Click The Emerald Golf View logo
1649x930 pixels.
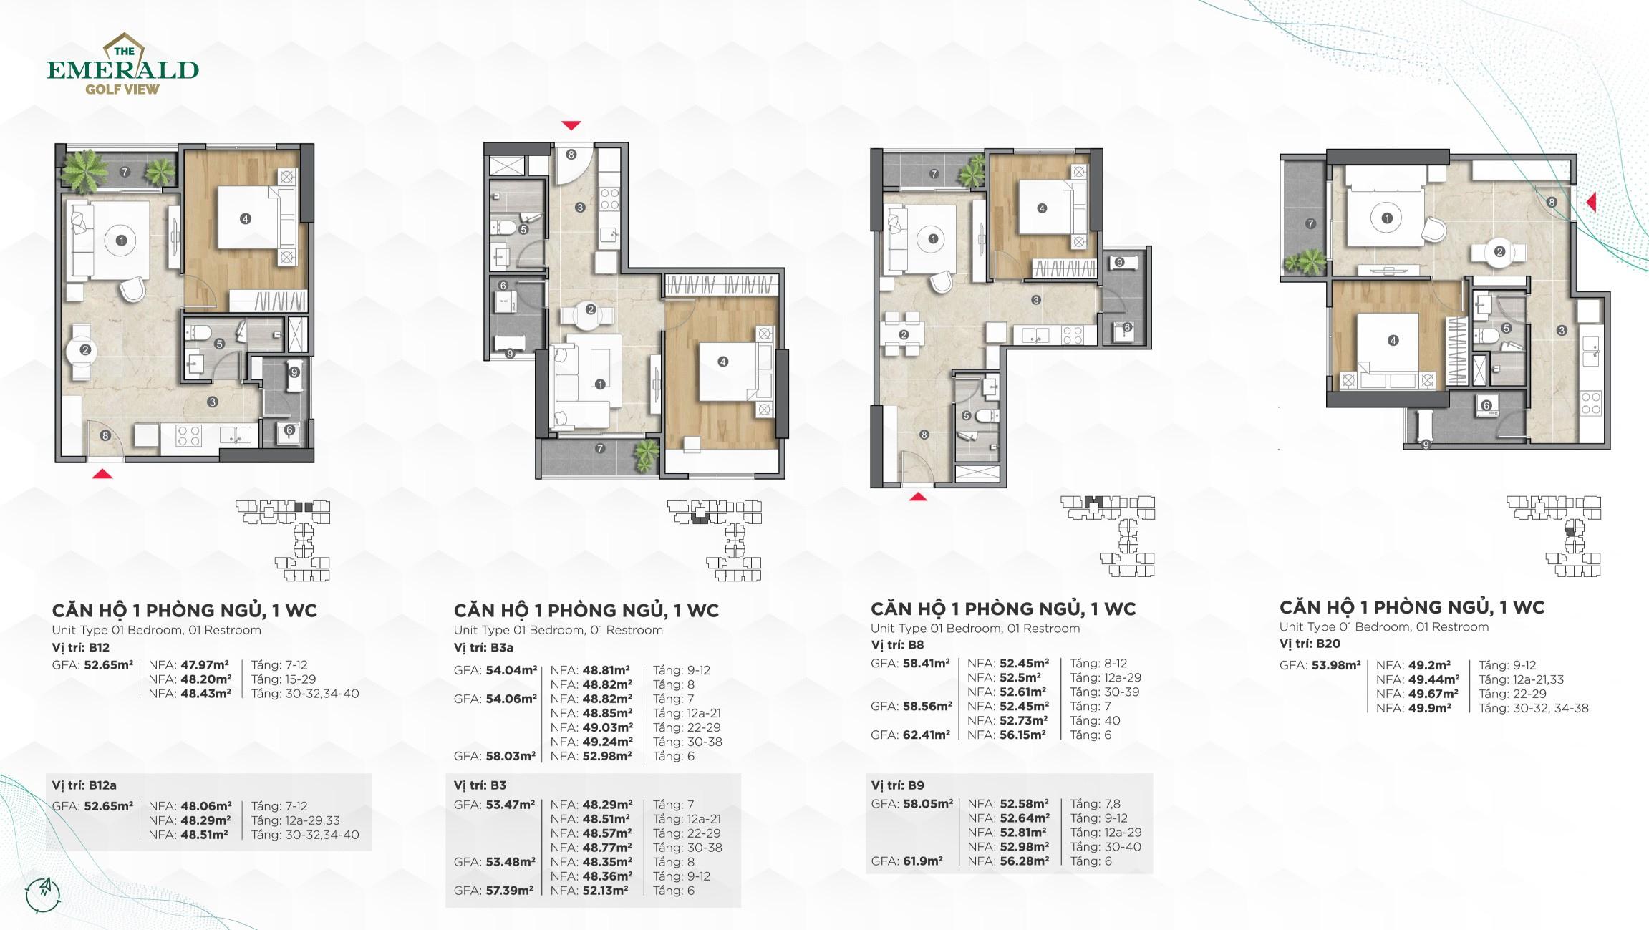(122, 64)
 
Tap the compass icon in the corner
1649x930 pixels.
(43, 894)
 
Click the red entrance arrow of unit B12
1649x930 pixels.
(102, 473)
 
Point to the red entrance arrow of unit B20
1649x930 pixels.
(1591, 202)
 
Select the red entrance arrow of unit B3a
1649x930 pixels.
(571, 125)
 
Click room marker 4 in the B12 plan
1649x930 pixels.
(246, 218)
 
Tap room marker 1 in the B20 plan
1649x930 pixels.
(1387, 218)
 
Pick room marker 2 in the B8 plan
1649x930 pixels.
(904, 334)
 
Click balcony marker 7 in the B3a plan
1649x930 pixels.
(600, 448)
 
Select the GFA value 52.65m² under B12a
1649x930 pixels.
(108, 806)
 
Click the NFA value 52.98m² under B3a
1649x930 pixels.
(607, 756)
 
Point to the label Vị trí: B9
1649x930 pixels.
(897, 785)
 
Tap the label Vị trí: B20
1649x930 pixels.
(1310, 644)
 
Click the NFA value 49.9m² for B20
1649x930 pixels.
(1429, 708)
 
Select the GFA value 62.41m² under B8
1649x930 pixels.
(926, 735)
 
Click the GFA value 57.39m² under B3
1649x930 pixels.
(509, 891)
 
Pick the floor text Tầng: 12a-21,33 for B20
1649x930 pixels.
(1522, 679)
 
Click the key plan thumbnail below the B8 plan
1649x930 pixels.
(1108, 536)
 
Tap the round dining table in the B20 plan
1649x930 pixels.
(1499, 251)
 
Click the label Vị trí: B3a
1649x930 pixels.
(483, 647)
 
